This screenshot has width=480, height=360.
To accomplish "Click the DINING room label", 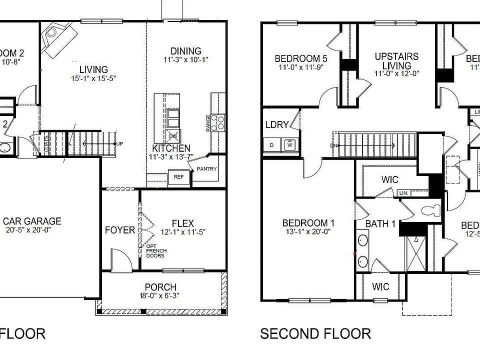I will tap(185, 51).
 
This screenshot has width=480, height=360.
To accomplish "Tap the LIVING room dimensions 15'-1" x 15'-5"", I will tap(93, 78).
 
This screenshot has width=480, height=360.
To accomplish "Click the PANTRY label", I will tap(207, 169).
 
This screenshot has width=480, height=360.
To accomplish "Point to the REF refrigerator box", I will tap(178, 176).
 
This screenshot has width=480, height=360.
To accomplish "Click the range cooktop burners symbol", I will tap(218, 123).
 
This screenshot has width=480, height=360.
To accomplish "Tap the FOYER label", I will tap(120, 230).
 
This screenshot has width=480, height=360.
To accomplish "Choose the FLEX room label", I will tap(182, 223).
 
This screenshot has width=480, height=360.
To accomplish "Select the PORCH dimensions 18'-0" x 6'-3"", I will tap(160, 295).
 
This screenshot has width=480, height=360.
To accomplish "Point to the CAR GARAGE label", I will tap(32, 221).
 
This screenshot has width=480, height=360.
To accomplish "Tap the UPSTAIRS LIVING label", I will tap(397, 61).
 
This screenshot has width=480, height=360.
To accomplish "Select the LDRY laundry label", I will tap(277, 124).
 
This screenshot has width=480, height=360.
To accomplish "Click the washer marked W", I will tap(289, 145).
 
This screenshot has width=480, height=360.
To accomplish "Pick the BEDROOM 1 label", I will tap(308, 223).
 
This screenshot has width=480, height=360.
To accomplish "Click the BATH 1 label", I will tap(380, 223).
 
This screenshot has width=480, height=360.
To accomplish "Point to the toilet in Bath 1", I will tap(431, 209).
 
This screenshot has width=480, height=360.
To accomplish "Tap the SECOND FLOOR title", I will tap(315, 333).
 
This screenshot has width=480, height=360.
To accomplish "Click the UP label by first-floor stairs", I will tap(119, 144).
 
